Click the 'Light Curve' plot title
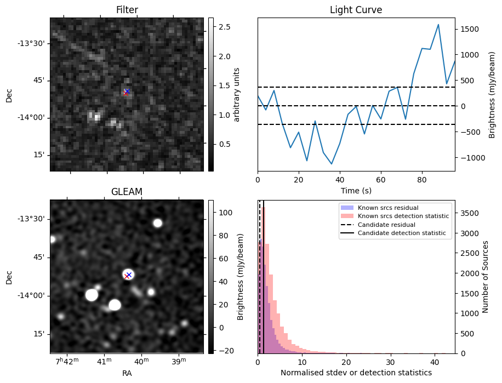[356, 10]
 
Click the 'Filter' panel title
[127, 10]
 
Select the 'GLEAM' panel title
[127, 191]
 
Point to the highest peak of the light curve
[438, 25]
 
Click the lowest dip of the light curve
[332, 164]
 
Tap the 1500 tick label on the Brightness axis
[471, 29]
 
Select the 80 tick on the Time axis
[422, 180]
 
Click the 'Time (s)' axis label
[356, 190]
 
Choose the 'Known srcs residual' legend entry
[388, 208]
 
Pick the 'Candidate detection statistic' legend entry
[403, 233]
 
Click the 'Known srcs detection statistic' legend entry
[403, 216]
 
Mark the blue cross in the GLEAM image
[129, 275]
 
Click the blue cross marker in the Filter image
[127, 91]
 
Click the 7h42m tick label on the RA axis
[69, 362]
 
